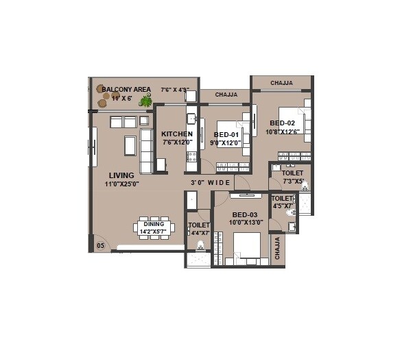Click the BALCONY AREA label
coord(126,89)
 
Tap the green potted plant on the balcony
coord(145,101)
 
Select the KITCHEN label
coord(177,134)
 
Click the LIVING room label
coord(121,175)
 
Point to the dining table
coord(154,227)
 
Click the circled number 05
coord(100,245)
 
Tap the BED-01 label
coord(227,134)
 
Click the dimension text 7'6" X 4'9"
coord(175,90)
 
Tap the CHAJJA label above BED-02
coord(281,83)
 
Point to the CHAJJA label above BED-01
coord(226,95)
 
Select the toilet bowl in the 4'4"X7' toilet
coord(200,245)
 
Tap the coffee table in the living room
coord(129,145)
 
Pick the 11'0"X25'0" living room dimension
coord(122,184)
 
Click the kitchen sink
coord(192,119)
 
